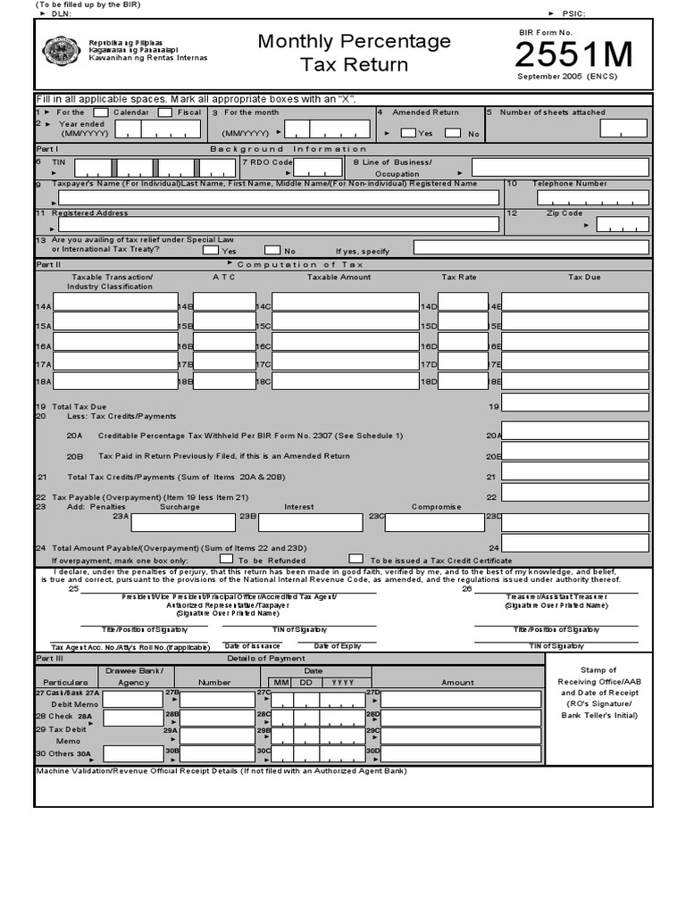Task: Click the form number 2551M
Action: (x=574, y=55)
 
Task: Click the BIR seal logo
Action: (x=61, y=51)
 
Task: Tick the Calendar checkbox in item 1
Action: (x=101, y=112)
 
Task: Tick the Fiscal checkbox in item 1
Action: (x=165, y=112)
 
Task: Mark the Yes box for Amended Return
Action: (x=408, y=133)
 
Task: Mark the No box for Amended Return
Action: (x=453, y=133)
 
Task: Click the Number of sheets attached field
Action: (x=623, y=129)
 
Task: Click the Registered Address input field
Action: (x=277, y=224)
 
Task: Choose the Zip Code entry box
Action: (x=623, y=224)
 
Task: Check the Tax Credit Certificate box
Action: (x=356, y=559)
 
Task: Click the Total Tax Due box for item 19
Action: (x=574, y=403)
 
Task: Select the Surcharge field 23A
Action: (x=182, y=521)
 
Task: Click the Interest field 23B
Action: (x=312, y=521)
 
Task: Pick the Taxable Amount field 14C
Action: (x=345, y=303)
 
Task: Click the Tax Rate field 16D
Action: (x=463, y=342)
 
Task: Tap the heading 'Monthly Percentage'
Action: (x=354, y=42)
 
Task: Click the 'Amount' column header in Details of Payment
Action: (x=457, y=682)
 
